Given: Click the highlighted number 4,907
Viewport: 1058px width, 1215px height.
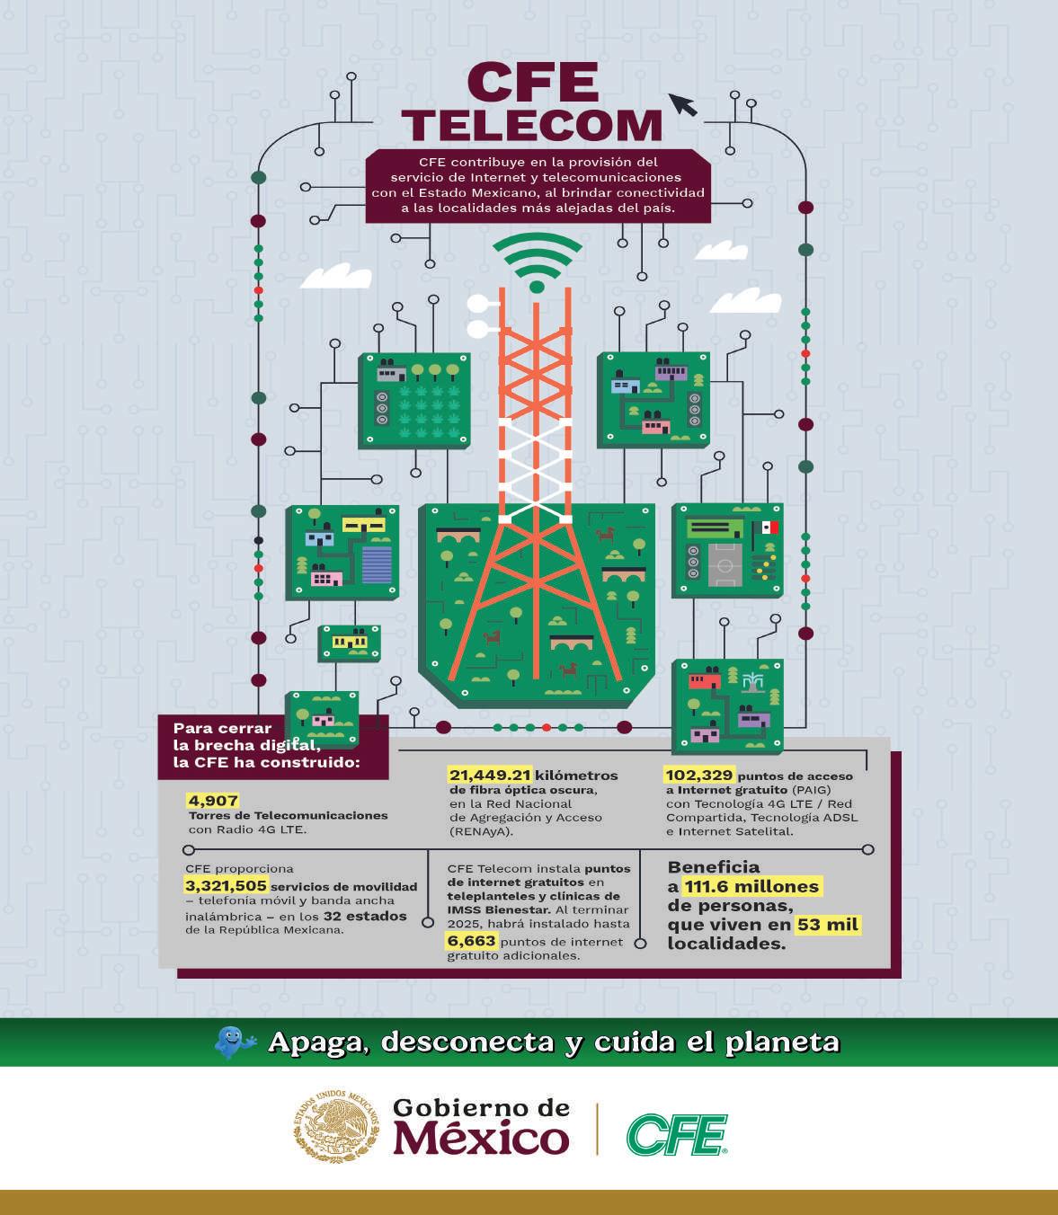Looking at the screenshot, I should pos(213,801).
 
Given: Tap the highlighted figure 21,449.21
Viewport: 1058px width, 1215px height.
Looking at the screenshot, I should pos(490,775).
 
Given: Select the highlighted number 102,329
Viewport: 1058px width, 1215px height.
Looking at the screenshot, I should pos(699,775).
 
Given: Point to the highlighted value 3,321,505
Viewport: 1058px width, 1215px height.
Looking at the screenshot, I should pos(226,885).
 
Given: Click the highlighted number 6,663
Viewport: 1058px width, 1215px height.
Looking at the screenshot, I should pos(471,940).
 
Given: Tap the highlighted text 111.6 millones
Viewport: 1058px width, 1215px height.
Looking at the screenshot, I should pos(751,886).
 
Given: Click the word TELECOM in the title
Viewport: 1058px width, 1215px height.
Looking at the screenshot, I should pos(531,125).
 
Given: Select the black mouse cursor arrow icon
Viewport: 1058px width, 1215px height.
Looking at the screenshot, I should pos(683,104).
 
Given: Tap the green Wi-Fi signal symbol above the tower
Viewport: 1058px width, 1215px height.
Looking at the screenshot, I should pos(537,262).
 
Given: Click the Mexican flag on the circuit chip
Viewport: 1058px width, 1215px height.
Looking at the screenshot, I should pos(769,528).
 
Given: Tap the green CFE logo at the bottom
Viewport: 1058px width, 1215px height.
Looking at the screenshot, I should pos(677,1135).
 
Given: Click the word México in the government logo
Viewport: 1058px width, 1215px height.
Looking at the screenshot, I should pos(481,1139).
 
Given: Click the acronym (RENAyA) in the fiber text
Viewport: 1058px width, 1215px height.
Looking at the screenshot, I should pos(480,831).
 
